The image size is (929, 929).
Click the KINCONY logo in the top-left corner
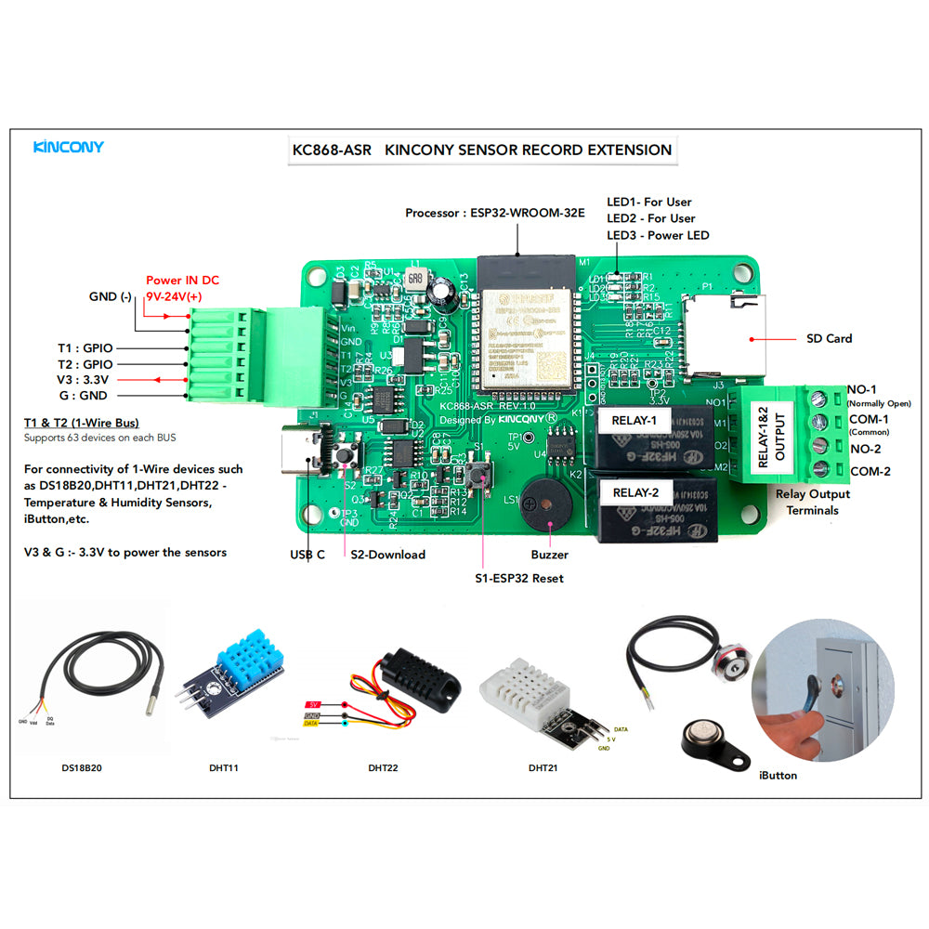coord(69,147)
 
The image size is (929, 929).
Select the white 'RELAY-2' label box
coord(635,492)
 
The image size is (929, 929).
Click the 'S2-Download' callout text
coord(387,555)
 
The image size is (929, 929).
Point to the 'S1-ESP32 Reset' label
coord(519,578)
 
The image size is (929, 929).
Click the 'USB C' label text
coord(307,555)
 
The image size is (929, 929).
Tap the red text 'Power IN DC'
coord(183,280)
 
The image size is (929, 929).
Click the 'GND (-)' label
coord(111,296)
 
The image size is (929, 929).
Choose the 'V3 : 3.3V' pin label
coord(85,380)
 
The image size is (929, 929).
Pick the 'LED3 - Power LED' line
coord(658,235)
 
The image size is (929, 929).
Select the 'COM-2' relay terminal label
coord(870,471)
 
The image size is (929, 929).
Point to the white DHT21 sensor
coord(526,692)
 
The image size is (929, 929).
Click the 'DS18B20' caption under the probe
coord(83,768)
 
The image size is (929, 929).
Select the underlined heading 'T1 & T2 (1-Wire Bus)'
coord(82,423)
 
